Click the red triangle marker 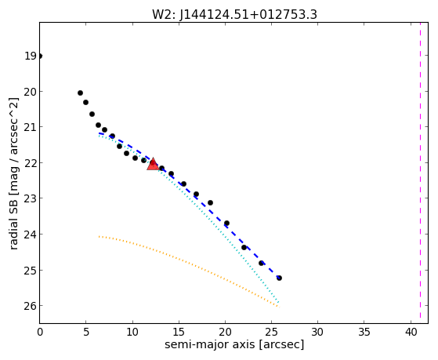pos(153,164)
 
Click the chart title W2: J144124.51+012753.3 pos(234,15)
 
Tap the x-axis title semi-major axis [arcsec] pos(234,344)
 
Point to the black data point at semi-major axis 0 pos(40,56)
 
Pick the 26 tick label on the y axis pos(30,306)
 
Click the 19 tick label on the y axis pos(31,56)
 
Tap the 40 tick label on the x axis pos(411,332)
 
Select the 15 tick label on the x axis pos(179,332)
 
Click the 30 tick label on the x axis pos(317,332)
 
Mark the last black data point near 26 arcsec pos(279,278)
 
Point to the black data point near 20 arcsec pos(226,224)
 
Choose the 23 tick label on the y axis pos(30,198)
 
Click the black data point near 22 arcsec pos(244,247)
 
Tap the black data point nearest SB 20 pos(80,93)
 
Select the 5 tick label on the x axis pos(86,332)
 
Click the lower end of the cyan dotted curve pos(278,303)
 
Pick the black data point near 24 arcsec pos(261,263)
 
